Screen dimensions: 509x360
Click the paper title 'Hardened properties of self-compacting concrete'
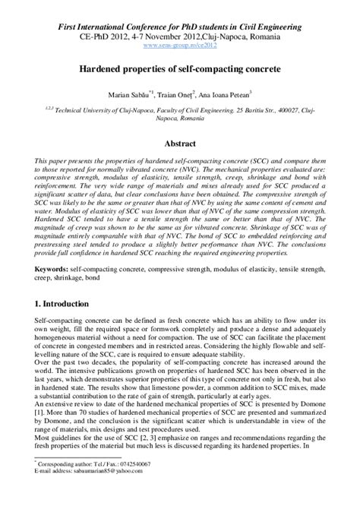[x=179, y=68]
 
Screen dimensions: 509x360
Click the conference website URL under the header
[x=179, y=46]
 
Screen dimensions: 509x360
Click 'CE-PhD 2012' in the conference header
[x=94, y=36]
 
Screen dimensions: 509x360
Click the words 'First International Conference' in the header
[x=106, y=27]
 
